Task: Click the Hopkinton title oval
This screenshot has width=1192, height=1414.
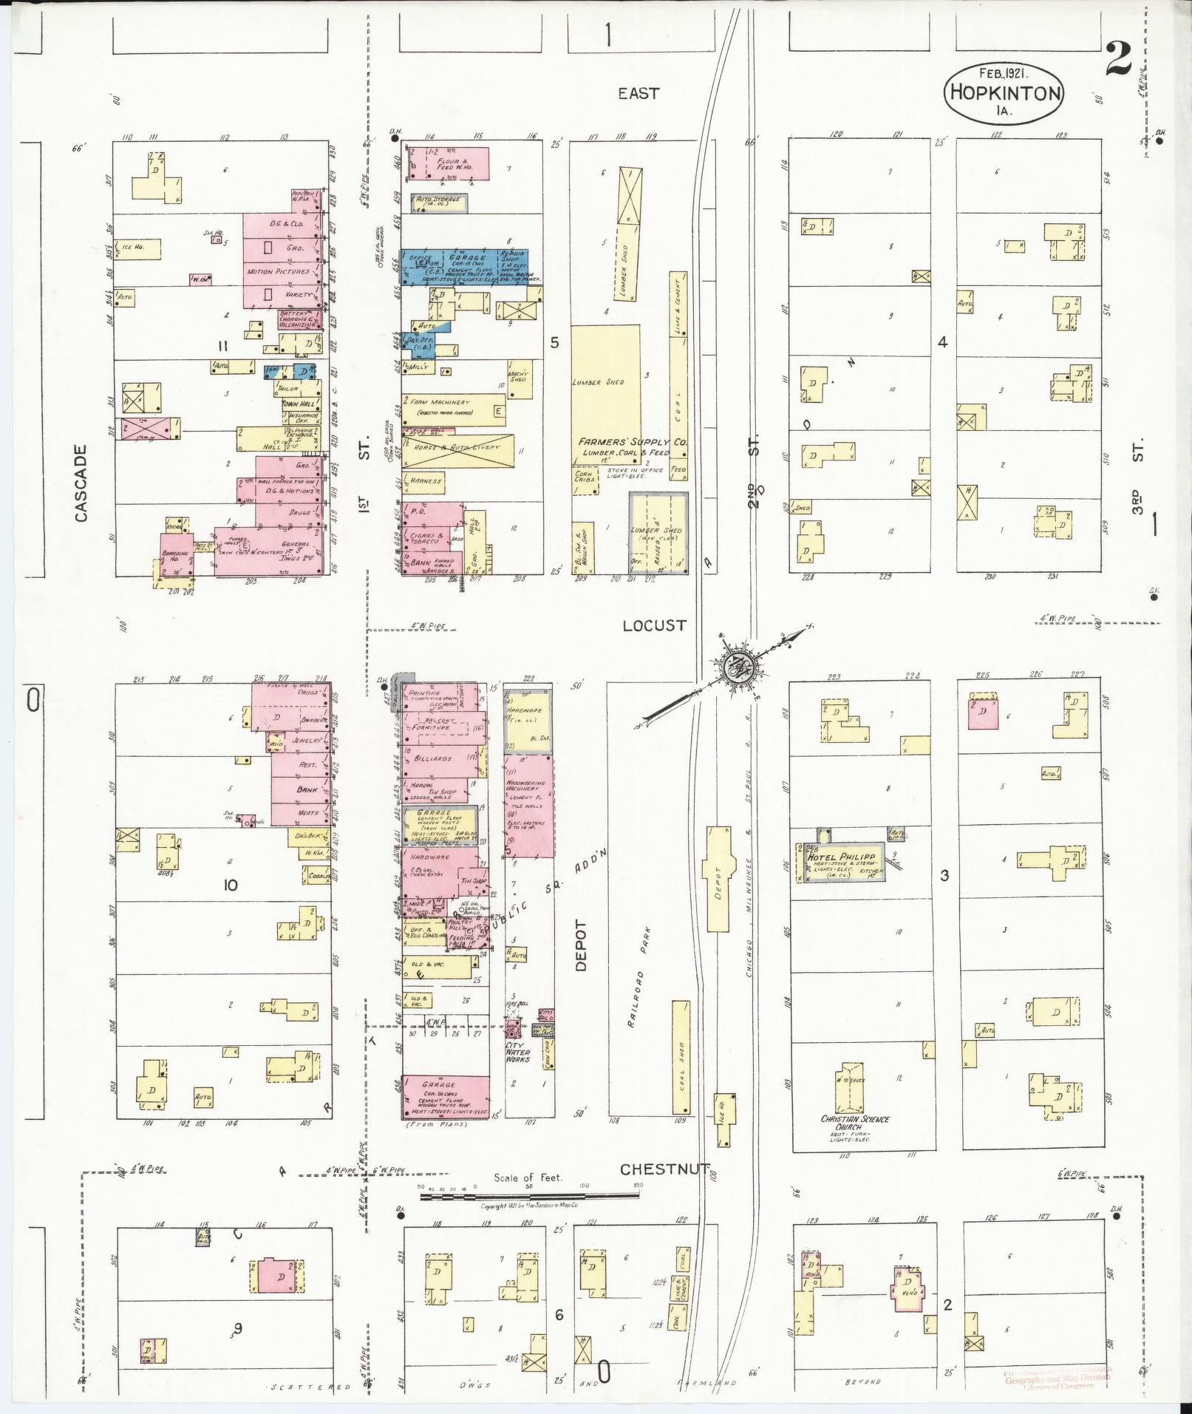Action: [1004, 92]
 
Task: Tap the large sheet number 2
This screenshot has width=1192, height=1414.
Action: [1118, 58]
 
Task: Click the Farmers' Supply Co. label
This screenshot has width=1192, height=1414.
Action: [634, 441]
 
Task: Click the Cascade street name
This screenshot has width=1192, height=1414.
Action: [81, 483]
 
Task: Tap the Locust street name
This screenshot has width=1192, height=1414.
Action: [654, 625]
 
